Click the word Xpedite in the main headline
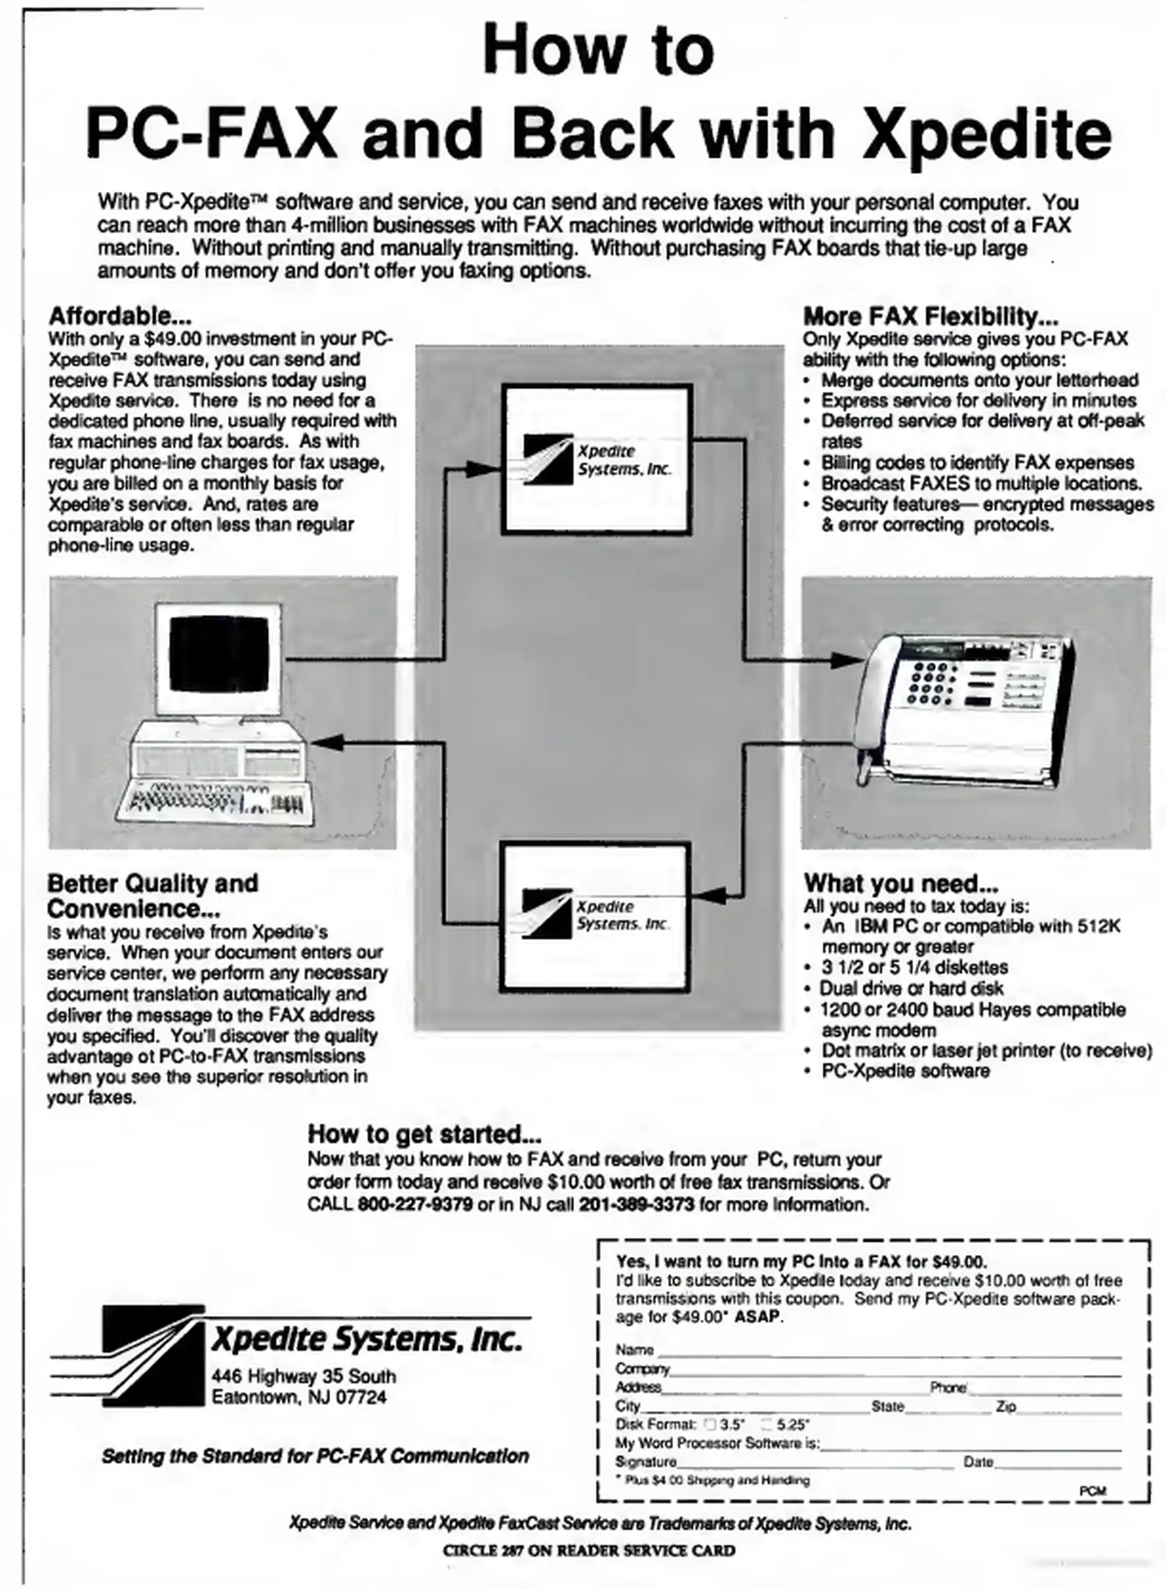[x=987, y=134]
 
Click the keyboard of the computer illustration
[x=213, y=799]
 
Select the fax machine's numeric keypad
[x=932, y=683]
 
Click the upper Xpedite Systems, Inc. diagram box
[x=596, y=460]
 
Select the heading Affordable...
[x=120, y=316]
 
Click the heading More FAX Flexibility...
[x=930, y=316]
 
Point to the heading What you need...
[x=900, y=883]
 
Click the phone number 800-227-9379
[x=415, y=1204]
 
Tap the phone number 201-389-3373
[x=636, y=1204]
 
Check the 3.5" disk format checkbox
[x=711, y=1423]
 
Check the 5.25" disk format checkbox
[x=767, y=1423]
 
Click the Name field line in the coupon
[x=888, y=1351]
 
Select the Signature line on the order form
[x=814, y=1462]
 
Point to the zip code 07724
[x=360, y=1397]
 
